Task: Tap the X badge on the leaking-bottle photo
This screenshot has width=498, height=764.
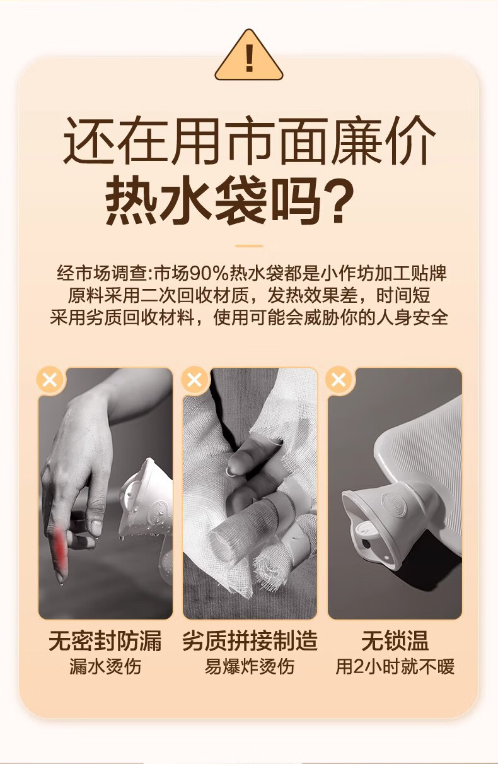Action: click(x=50, y=380)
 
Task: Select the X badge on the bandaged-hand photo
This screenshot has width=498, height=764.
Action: click(x=195, y=380)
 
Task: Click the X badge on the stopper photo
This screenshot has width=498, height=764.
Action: click(x=339, y=380)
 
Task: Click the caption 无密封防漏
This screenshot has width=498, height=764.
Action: click(x=105, y=641)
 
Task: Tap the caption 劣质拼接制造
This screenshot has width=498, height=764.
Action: click(x=250, y=641)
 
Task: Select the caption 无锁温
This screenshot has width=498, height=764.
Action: click(x=395, y=641)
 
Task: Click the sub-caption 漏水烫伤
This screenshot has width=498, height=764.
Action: click(x=105, y=666)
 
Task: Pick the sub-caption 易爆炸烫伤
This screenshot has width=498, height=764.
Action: click(x=250, y=666)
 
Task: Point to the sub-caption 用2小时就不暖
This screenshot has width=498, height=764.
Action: click(x=395, y=666)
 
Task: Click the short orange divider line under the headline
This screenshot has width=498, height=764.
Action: click(x=249, y=245)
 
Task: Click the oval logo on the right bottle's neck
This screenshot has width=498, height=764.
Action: click(x=393, y=501)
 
